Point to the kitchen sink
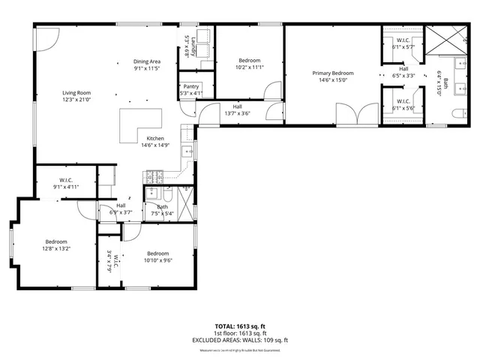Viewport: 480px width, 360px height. [x=188, y=151]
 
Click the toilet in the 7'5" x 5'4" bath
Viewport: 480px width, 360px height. [x=168, y=194]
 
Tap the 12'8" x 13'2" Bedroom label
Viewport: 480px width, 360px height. [x=52, y=244]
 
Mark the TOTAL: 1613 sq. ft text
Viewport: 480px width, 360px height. [x=239, y=326]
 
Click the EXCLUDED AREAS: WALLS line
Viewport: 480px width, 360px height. [x=239, y=340]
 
